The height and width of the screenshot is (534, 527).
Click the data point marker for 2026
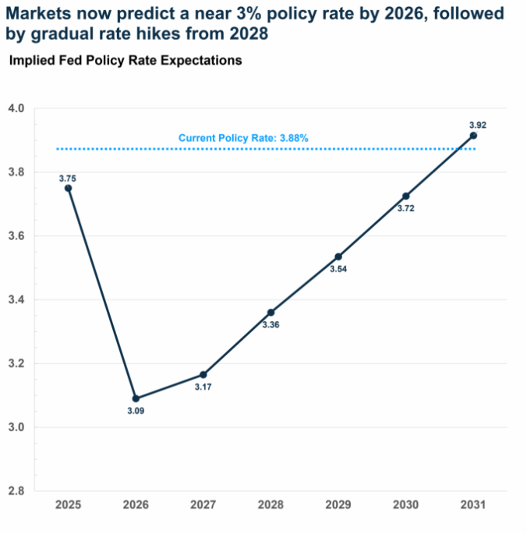[136, 398]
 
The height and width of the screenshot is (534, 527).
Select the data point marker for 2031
[473, 136]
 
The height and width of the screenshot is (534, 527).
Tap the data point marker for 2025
[69, 188]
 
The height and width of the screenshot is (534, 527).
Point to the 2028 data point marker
[271, 313]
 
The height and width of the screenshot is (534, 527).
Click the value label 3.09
[136, 411]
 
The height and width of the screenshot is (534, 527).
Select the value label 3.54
[338, 269]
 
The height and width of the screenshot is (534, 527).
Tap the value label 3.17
[203, 387]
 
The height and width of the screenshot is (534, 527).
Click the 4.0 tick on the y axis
[16, 108]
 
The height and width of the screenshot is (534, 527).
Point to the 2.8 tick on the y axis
[16, 491]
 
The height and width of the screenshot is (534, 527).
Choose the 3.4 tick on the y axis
[16, 299]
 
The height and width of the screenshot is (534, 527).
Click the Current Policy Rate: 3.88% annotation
[243, 138]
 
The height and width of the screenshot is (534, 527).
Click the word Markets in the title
[38, 13]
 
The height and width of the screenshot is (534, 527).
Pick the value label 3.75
[69, 177]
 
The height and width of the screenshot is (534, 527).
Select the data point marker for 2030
[405, 196]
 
